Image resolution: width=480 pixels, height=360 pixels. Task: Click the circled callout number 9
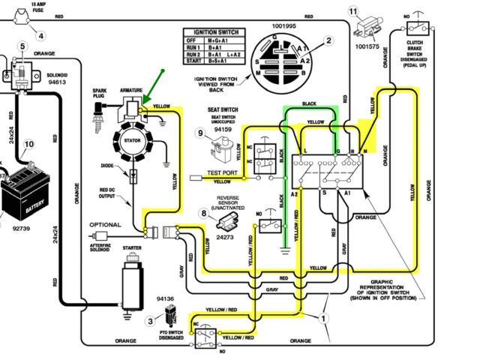click(x=200, y=133)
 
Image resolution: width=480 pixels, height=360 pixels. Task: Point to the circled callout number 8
click(x=202, y=213)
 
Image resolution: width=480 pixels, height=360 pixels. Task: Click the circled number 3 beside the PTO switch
click(x=151, y=321)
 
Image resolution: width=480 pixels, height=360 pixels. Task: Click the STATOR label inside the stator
click(x=133, y=139)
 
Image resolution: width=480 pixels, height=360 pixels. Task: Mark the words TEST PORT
click(x=220, y=173)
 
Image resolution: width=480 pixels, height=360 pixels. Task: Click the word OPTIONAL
click(x=105, y=225)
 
